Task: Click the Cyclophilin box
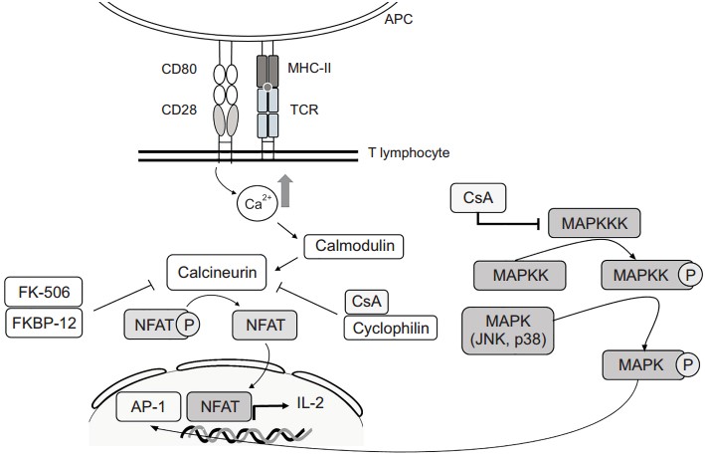pyautogui.click(x=390, y=328)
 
